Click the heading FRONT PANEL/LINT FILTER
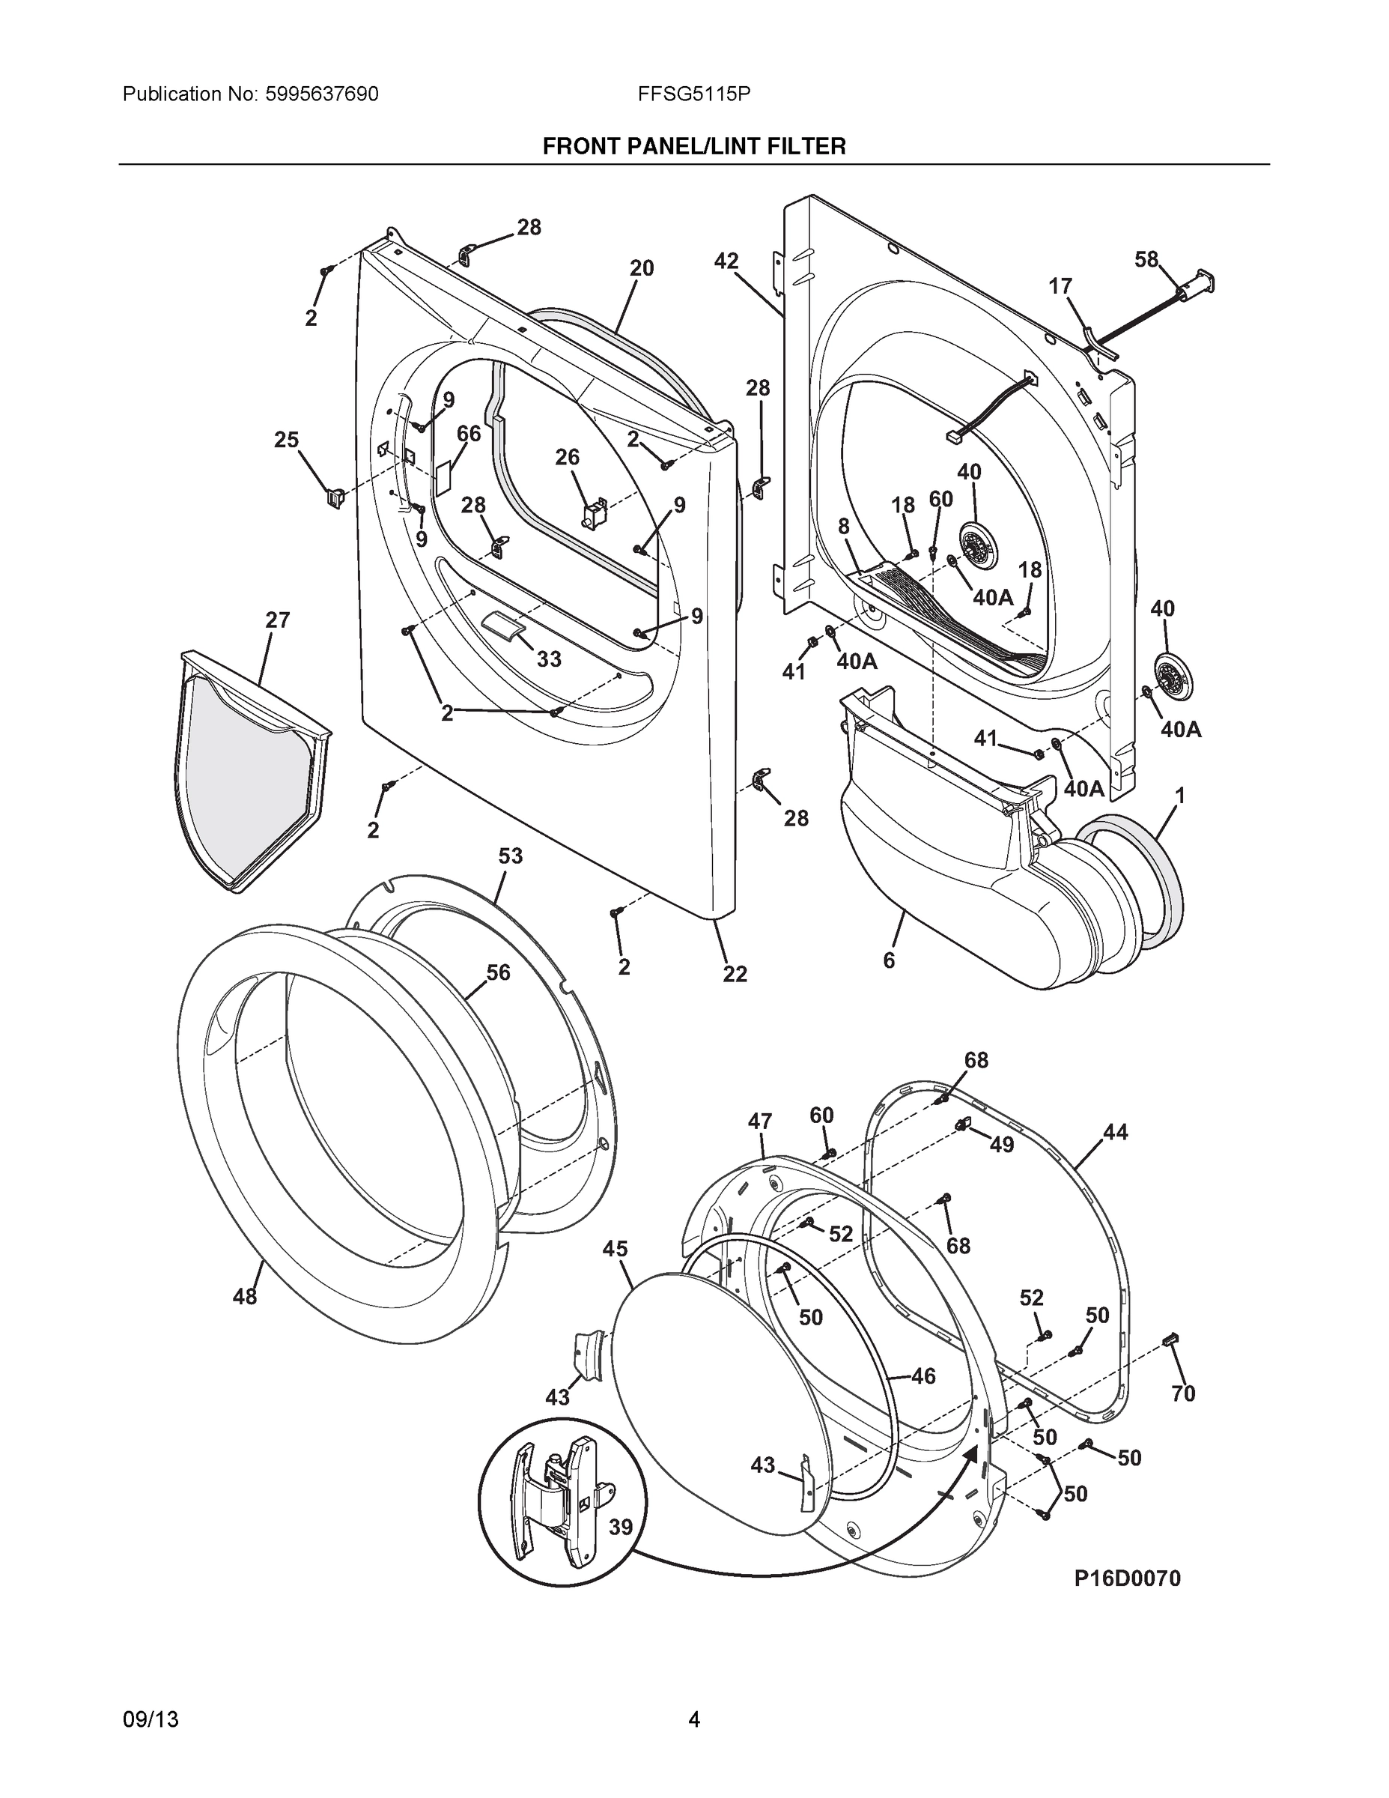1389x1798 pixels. (x=693, y=147)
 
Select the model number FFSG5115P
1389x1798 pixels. (x=693, y=94)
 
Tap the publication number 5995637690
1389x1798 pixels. (x=322, y=94)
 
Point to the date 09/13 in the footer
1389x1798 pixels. (x=151, y=1719)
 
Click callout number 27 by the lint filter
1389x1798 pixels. (x=277, y=620)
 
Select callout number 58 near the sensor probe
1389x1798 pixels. (x=1146, y=260)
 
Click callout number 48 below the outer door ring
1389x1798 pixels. (x=244, y=1298)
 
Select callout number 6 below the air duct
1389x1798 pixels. (x=889, y=960)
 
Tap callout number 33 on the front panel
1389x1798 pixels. (x=549, y=659)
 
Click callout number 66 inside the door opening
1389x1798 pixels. (x=468, y=434)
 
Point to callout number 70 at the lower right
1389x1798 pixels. (x=1182, y=1393)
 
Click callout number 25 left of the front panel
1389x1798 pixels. (x=286, y=441)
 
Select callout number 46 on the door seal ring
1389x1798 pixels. (x=923, y=1375)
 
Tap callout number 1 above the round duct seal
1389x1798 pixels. (x=1179, y=796)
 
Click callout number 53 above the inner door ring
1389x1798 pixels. (x=510, y=856)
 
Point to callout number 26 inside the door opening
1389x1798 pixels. (x=567, y=457)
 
